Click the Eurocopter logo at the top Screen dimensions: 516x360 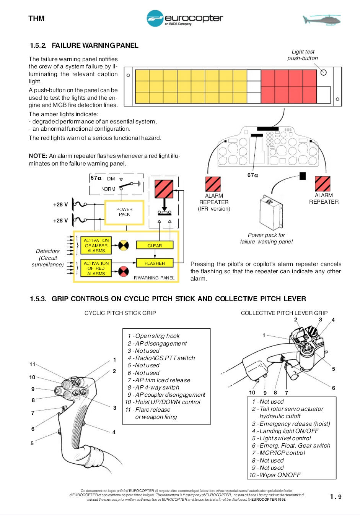(x=184, y=18)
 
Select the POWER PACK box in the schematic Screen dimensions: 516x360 (x=124, y=212)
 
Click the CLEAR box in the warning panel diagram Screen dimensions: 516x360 (x=155, y=246)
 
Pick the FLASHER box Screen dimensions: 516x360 (x=155, y=263)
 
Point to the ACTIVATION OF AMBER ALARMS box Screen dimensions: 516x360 (x=96, y=246)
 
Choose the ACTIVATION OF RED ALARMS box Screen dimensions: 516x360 (x=96, y=268)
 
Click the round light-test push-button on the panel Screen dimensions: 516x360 (x=324, y=73)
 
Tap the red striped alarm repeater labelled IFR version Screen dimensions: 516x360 (x=213, y=184)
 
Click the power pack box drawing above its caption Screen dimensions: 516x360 (x=270, y=213)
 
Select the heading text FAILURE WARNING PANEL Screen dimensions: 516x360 (x=95, y=45)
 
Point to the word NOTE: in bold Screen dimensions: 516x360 (x=38, y=156)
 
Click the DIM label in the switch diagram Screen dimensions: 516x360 (x=111, y=179)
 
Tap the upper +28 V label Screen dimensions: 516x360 (x=60, y=204)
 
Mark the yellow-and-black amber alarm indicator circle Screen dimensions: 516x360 (x=124, y=245)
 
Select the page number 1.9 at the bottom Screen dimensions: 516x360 (x=336, y=497)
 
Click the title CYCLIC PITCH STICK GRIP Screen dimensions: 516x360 (x=120, y=313)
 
